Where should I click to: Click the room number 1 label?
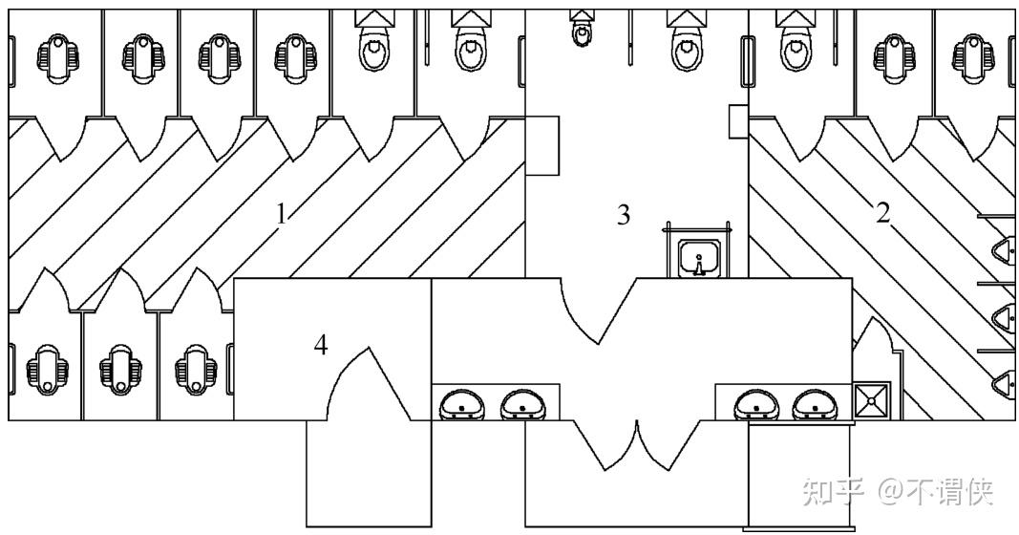tap(281, 214)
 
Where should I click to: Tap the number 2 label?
tap(883, 214)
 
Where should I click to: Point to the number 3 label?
tap(624, 216)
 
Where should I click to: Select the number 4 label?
tap(322, 346)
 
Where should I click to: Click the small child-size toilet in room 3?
tap(581, 32)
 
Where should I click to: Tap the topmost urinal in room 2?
tap(1004, 249)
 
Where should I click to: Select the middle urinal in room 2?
tap(1004, 316)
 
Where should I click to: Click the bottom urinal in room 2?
tap(1004, 384)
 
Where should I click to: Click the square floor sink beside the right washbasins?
tap(871, 401)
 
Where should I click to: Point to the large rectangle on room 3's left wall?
tap(541, 145)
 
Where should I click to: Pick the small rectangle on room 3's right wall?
tap(736, 121)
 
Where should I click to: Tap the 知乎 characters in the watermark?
tap(833, 492)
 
